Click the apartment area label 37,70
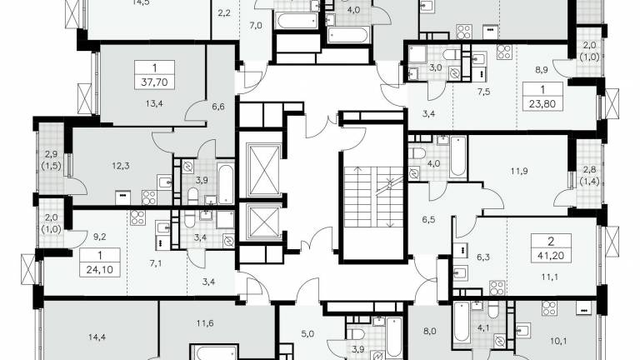point(154,82)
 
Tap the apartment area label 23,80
point(542,103)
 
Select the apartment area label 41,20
point(551,256)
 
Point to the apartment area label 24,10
point(100,270)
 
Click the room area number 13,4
point(154,103)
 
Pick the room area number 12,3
point(121,166)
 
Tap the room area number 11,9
point(519,171)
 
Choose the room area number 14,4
point(97,337)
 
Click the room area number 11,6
point(204,323)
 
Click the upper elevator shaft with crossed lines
point(264,171)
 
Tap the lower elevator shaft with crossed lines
point(264,222)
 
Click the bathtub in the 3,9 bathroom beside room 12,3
point(225,183)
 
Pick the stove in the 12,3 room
point(149,197)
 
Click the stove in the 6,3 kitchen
point(497,287)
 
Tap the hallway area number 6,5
point(428,220)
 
